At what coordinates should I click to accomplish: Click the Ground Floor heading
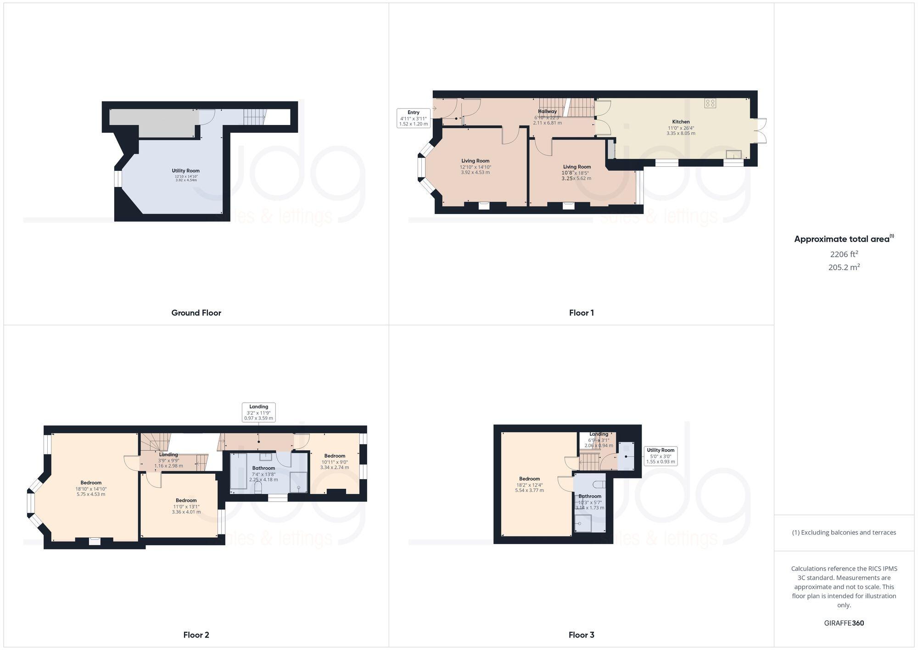(196, 313)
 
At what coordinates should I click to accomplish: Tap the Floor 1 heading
(581, 313)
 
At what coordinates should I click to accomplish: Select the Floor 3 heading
(581, 635)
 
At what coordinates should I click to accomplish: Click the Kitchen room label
(681, 122)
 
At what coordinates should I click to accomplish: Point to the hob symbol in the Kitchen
(710, 103)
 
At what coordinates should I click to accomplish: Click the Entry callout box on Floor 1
(413, 118)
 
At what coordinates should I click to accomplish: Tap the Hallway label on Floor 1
(547, 111)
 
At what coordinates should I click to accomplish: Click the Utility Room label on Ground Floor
(186, 171)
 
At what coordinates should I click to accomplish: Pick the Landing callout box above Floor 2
(258, 412)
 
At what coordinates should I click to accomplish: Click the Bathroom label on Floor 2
(263, 468)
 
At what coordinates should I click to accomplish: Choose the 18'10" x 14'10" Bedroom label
(91, 483)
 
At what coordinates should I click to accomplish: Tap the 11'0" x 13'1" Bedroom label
(186, 500)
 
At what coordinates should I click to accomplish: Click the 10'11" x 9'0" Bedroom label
(335, 456)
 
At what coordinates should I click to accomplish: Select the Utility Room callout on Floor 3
(661, 456)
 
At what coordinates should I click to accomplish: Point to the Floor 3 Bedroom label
(529, 479)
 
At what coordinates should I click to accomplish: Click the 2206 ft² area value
(844, 254)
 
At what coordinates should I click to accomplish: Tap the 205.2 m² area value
(844, 267)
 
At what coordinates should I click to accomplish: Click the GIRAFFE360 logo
(844, 623)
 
